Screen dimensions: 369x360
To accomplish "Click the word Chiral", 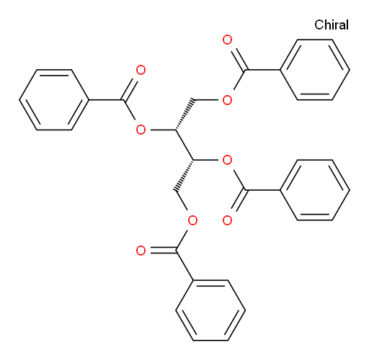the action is point(332,24).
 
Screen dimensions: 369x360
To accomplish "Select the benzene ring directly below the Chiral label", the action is point(315,40).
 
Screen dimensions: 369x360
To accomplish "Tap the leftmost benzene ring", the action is point(54,70).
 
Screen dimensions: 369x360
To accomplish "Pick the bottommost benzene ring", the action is point(210,280).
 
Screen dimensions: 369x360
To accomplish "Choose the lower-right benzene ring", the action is point(315,160).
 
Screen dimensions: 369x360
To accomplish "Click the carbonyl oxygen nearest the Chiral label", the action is point(227,40).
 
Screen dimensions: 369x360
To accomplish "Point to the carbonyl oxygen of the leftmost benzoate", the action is point(141,70).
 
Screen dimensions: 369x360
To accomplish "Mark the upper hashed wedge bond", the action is point(184,114).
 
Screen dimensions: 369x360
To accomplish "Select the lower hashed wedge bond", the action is point(184,175).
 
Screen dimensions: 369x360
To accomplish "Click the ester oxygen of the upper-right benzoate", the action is point(227,100).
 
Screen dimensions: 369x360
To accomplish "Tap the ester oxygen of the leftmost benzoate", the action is point(141,130).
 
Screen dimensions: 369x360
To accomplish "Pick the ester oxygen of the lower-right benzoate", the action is point(227,160).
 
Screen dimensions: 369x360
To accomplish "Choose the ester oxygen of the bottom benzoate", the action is point(192,220).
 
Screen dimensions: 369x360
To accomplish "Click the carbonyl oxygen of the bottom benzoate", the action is point(141,251).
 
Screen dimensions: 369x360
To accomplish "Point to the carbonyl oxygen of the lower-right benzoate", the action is point(227,220).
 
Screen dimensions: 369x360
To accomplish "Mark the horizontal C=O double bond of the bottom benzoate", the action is point(164,251).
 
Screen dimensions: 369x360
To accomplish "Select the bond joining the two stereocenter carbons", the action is point(184,145).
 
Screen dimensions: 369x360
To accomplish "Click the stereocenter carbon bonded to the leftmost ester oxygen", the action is point(176,130).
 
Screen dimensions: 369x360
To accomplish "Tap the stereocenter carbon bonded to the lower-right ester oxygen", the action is point(193,160).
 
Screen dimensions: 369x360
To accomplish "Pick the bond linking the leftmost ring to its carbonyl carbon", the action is point(106,100).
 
